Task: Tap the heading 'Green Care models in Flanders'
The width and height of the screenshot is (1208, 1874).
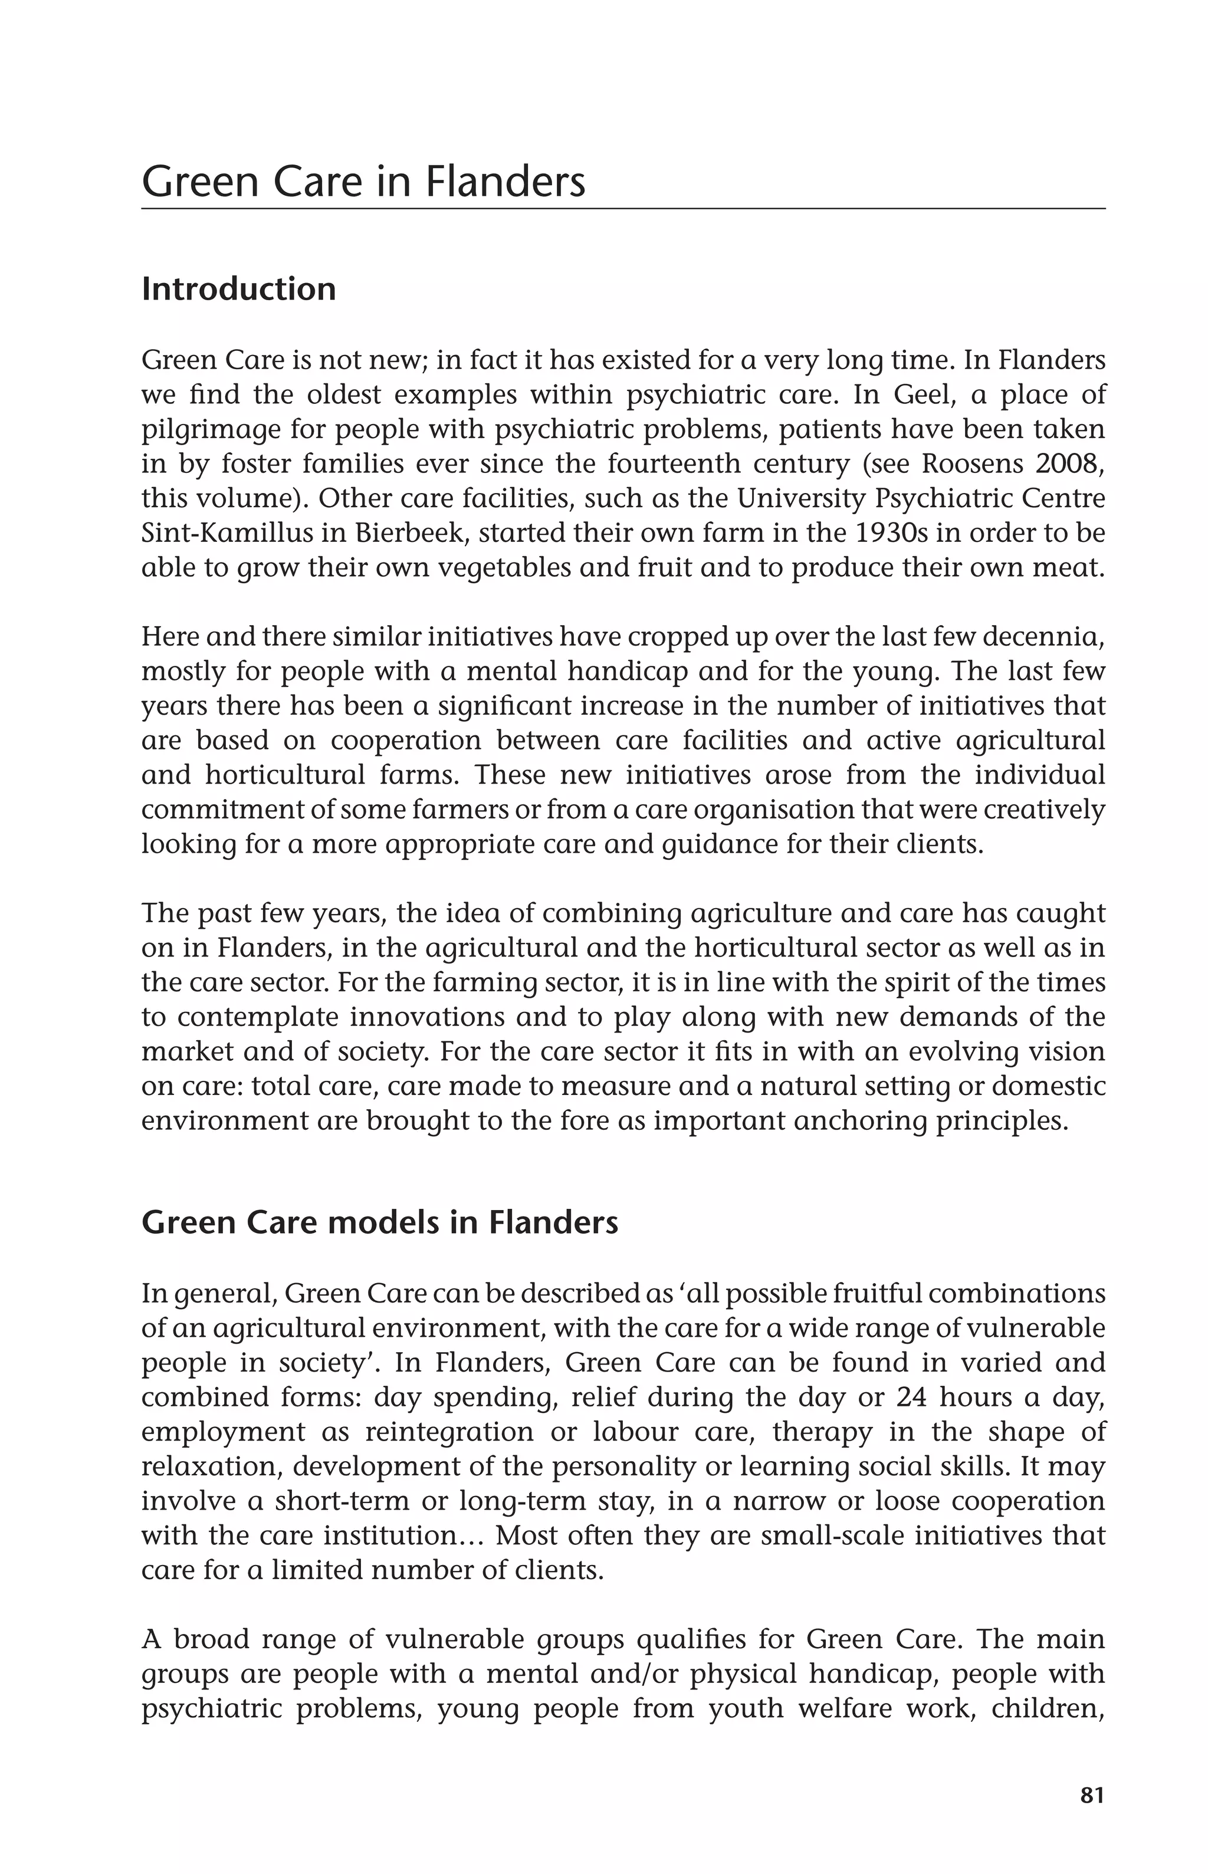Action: tap(380, 1222)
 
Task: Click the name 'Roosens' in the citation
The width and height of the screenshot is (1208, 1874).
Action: tap(973, 464)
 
